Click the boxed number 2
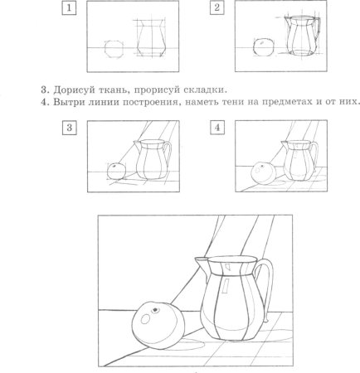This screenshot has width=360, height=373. pyautogui.click(x=217, y=8)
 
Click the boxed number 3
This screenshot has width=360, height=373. pyautogui.click(x=69, y=128)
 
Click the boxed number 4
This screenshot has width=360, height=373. pyautogui.click(x=217, y=128)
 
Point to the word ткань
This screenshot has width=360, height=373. pyautogui.click(x=117, y=89)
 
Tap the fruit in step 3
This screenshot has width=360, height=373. pyautogui.click(x=117, y=171)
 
